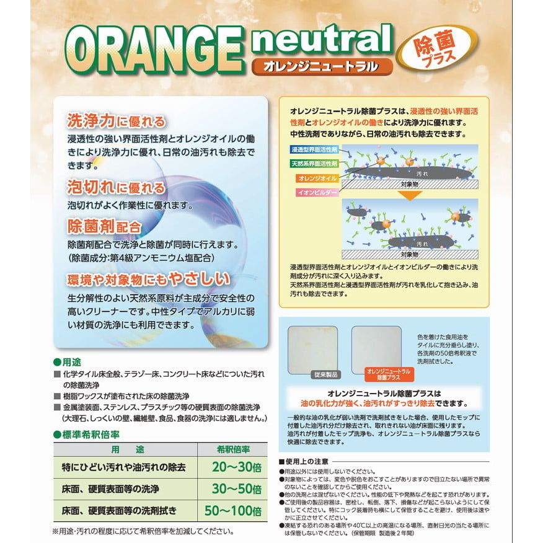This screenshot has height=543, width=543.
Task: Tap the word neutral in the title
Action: [x=322, y=39]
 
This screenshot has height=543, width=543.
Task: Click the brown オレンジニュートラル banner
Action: [x=322, y=66]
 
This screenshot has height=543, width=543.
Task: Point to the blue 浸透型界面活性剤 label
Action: [x=314, y=149]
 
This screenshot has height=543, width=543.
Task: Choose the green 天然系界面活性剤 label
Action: [x=314, y=164]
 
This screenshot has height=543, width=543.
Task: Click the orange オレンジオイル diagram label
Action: [x=317, y=178]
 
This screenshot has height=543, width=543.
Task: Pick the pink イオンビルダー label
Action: [x=317, y=192]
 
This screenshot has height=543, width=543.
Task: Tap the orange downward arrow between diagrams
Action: [x=409, y=195]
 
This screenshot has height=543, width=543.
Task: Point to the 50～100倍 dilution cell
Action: [x=233, y=510]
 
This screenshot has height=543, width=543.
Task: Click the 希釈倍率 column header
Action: [x=233, y=449]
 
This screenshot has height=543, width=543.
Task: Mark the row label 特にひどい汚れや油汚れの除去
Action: [x=123, y=467]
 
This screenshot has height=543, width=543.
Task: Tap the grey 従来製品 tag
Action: [x=325, y=374]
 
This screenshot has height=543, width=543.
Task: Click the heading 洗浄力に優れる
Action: [x=116, y=121]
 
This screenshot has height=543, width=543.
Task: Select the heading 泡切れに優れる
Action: [x=116, y=187]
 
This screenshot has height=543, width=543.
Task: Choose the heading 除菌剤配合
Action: [x=104, y=226]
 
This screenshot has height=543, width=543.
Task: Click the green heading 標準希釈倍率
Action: [x=87, y=435]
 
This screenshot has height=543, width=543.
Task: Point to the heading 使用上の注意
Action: [x=304, y=462]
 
